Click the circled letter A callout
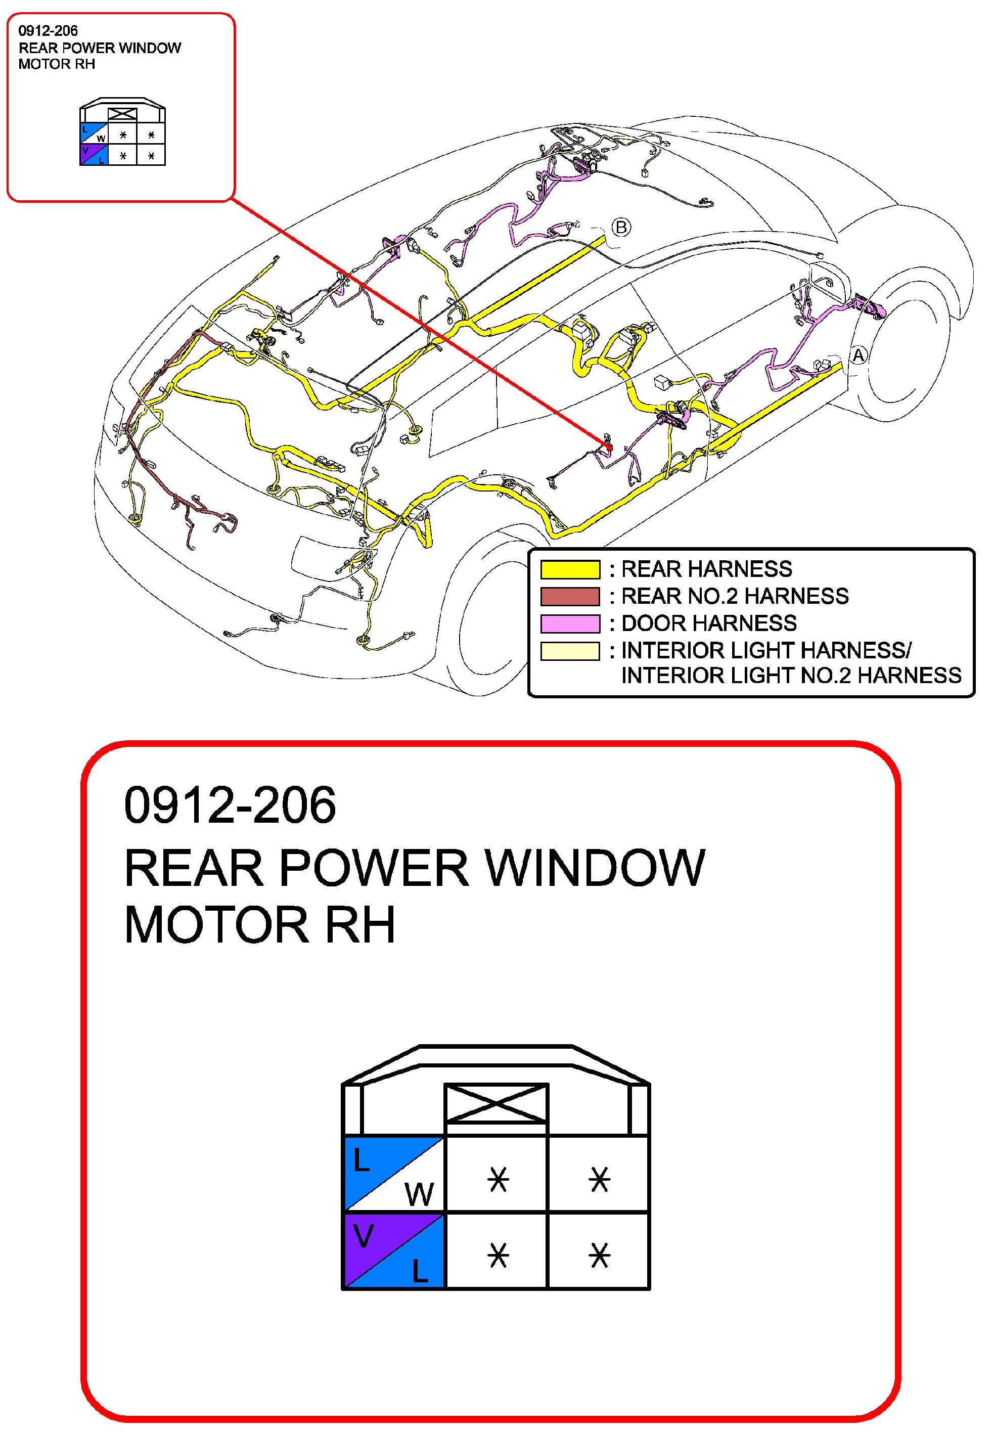tap(859, 355)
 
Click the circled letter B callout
tap(621, 227)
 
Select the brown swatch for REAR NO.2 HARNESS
tap(569, 596)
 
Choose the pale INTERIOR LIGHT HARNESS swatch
tap(569, 651)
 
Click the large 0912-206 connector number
tap(230, 805)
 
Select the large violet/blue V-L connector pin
tap(394, 1250)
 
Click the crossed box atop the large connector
tap(496, 1103)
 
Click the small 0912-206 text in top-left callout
tap(48, 30)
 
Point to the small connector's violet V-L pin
tap(94, 154)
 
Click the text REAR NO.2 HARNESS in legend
tap(735, 596)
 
